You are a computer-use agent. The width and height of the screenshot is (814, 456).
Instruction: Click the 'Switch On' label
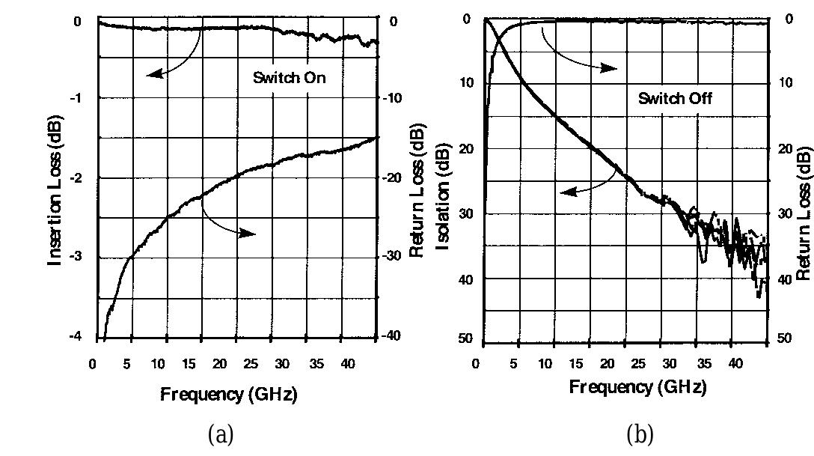[289, 77]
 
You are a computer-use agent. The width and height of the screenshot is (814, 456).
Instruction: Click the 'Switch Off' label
[675, 97]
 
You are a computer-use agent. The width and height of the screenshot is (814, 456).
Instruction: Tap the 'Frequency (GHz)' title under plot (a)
[228, 395]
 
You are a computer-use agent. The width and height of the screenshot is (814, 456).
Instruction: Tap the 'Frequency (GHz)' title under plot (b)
[637, 387]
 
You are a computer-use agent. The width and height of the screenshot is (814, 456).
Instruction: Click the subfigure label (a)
[221, 434]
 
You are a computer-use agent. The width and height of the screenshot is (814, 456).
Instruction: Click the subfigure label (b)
[640, 434]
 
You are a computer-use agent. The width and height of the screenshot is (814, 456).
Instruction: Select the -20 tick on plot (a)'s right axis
[394, 177]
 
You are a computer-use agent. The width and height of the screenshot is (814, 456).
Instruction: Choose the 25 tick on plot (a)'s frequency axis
[251, 364]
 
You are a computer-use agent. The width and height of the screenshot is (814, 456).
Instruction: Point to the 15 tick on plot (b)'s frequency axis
[575, 364]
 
